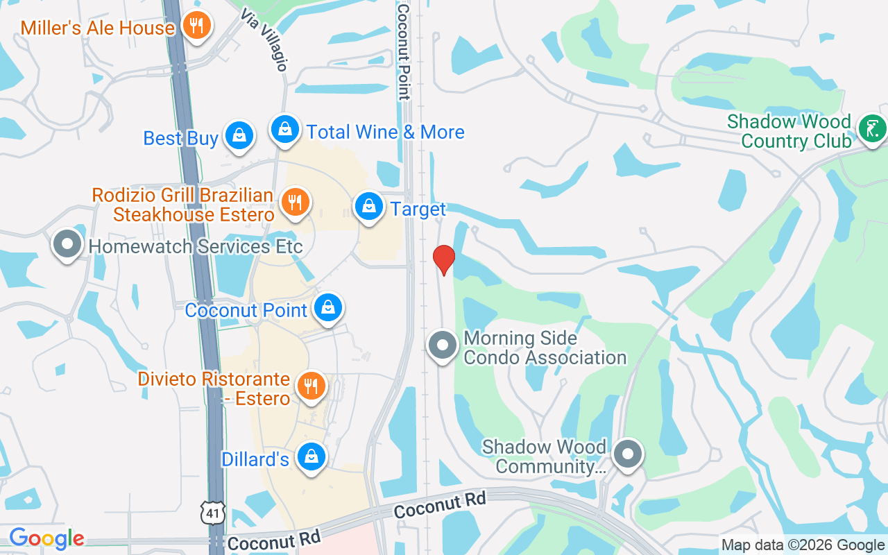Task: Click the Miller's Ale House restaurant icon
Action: [x=198, y=26]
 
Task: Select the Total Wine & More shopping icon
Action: [x=284, y=129]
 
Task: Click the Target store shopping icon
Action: [x=370, y=206]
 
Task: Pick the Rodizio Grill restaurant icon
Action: [x=296, y=203]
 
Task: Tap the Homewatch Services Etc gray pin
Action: [x=67, y=244]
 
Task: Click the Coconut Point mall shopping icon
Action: [x=328, y=307]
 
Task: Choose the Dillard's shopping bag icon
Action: [x=311, y=456]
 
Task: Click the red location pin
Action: [x=443, y=259]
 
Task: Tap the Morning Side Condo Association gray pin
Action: [x=442, y=345]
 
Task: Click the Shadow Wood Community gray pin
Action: [x=628, y=455]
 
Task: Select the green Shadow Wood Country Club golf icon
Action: [x=871, y=128]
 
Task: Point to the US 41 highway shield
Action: [x=212, y=512]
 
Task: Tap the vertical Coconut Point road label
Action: [x=403, y=52]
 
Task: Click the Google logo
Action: [x=46, y=538]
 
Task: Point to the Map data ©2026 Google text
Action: [x=803, y=545]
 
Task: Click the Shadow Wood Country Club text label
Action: [x=789, y=132]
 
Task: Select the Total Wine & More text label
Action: [x=385, y=132]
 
